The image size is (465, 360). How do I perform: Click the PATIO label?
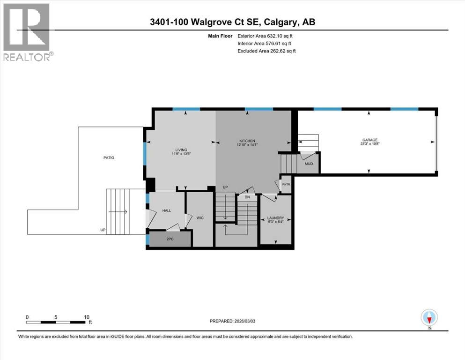(x=109, y=157)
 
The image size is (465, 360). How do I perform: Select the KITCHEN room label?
(x=247, y=141)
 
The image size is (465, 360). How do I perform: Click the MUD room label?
(x=309, y=164)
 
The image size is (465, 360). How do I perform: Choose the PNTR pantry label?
(x=285, y=185)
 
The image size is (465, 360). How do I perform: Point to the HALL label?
(x=166, y=210)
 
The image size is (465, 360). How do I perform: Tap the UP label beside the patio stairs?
(x=103, y=230)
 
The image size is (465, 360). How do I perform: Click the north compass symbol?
(x=429, y=318)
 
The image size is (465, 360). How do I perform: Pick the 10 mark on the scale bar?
(x=87, y=317)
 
